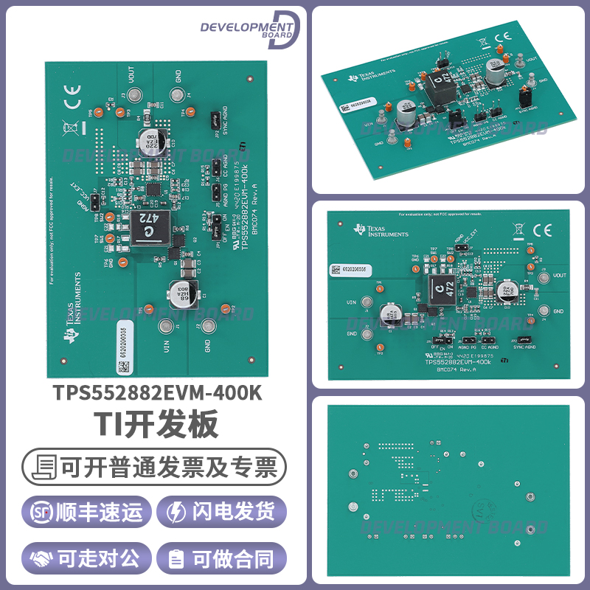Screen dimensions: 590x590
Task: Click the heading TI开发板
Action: point(156,426)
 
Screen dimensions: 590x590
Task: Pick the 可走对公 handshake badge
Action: point(87,558)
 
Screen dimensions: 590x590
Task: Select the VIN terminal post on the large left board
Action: point(168,327)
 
